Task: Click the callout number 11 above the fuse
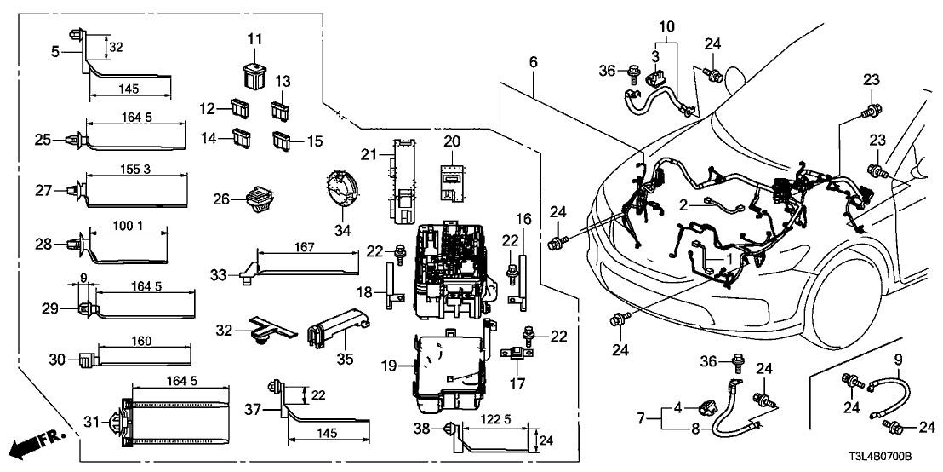[257, 39]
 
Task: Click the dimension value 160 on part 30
[141, 342]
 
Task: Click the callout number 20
[451, 141]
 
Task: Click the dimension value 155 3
[134, 170]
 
